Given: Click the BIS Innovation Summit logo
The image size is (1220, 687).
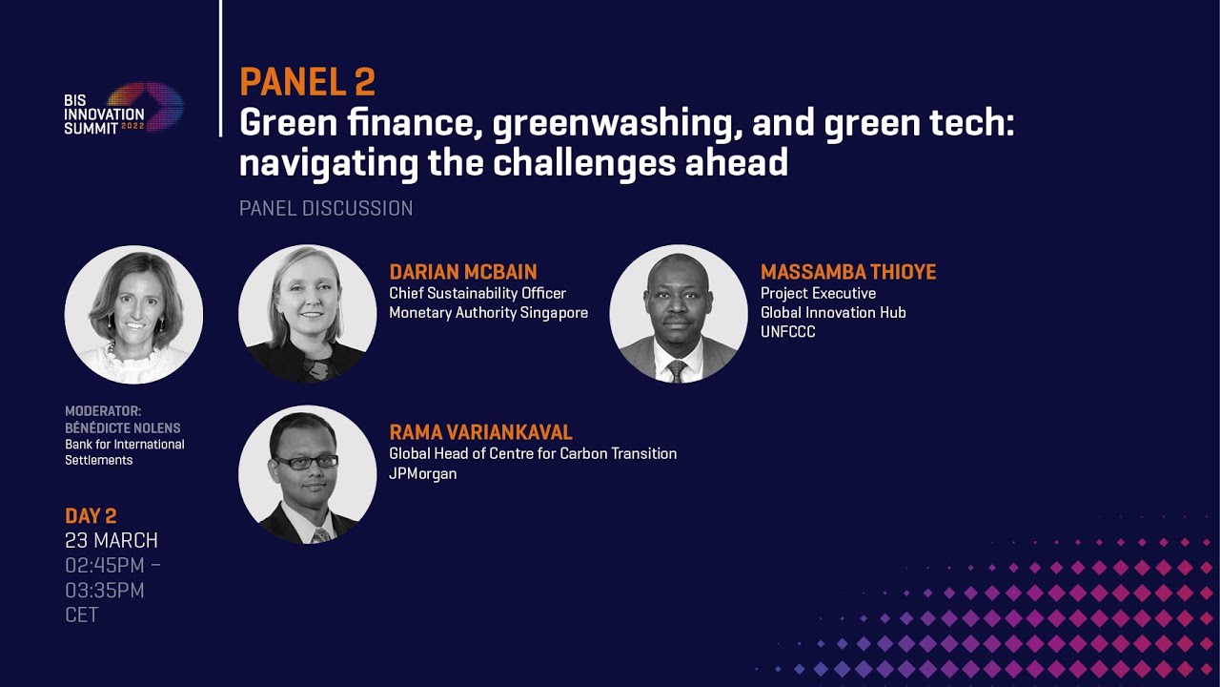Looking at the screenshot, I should point(123,108).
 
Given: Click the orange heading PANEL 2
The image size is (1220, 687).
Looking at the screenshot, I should point(307,82).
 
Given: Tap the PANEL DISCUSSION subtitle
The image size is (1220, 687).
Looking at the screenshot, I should point(326,208).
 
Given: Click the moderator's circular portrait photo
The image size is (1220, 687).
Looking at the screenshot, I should point(133,315).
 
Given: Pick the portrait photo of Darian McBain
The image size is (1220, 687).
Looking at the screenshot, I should point(307,315).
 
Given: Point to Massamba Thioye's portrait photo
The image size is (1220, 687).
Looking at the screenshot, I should point(679,315).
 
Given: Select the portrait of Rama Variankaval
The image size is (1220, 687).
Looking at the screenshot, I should point(307,475).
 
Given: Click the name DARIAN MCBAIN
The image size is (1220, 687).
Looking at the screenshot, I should point(463,272).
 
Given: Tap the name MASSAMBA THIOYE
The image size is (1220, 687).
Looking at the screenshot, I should point(848,272).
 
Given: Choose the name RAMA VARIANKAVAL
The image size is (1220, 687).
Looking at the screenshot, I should point(480,432).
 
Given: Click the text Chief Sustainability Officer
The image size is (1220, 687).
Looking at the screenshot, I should point(478,293).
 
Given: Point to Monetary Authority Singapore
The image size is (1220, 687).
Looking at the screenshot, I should point(488,312).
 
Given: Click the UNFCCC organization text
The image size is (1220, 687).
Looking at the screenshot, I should point(787,332).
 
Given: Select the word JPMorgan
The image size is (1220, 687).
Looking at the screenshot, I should point(423,473).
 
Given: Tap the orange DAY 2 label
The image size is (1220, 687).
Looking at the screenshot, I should point(91,516).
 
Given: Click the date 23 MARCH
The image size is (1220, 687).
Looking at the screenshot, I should point(112,541).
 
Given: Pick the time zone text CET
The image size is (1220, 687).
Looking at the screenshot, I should point(82,615).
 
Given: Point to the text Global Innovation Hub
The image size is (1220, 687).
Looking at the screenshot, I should point(833,312).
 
